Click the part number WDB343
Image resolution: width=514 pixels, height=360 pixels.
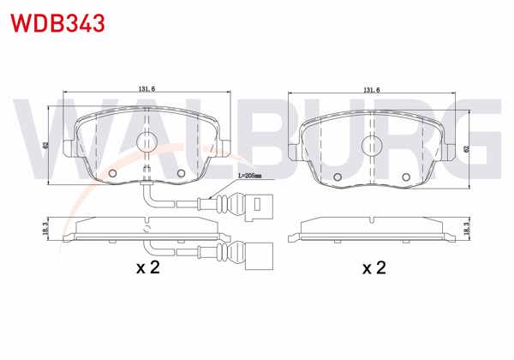point(57,22)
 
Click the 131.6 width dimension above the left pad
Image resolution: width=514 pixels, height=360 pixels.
point(146,89)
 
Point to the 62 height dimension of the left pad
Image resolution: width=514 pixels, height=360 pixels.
point(45,145)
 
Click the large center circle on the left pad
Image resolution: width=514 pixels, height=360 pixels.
point(147,144)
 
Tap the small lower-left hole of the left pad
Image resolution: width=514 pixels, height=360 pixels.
point(114,174)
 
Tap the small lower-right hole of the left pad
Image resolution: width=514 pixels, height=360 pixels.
point(181,174)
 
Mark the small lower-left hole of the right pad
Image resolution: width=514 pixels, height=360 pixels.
point(338,177)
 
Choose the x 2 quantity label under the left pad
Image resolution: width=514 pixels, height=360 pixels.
point(148,268)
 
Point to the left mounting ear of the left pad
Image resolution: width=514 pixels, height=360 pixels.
point(71,150)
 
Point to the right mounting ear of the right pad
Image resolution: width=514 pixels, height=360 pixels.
point(447,153)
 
